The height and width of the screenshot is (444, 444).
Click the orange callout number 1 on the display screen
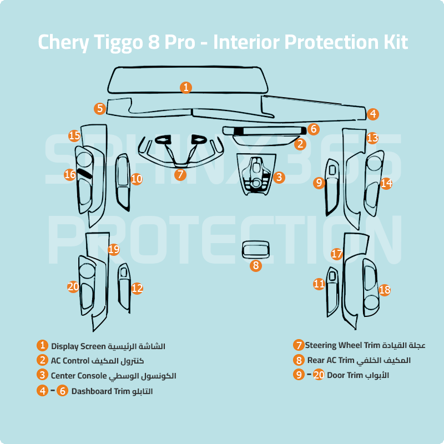(186, 87)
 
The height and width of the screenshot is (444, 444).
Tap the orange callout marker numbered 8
(256, 265)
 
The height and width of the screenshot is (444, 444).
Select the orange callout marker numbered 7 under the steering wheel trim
(179, 174)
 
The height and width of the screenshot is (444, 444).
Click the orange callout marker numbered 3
(279, 177)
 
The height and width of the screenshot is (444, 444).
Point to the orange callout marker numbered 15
(74, 135)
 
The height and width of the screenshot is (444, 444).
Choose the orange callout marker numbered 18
(385, 290)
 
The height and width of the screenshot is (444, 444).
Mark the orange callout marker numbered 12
(137, 288)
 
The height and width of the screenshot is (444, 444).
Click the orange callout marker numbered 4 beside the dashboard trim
(373, 114)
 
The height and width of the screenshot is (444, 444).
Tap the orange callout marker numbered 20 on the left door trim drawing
(73, 286)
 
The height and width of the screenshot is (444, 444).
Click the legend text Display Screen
(78, 346)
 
